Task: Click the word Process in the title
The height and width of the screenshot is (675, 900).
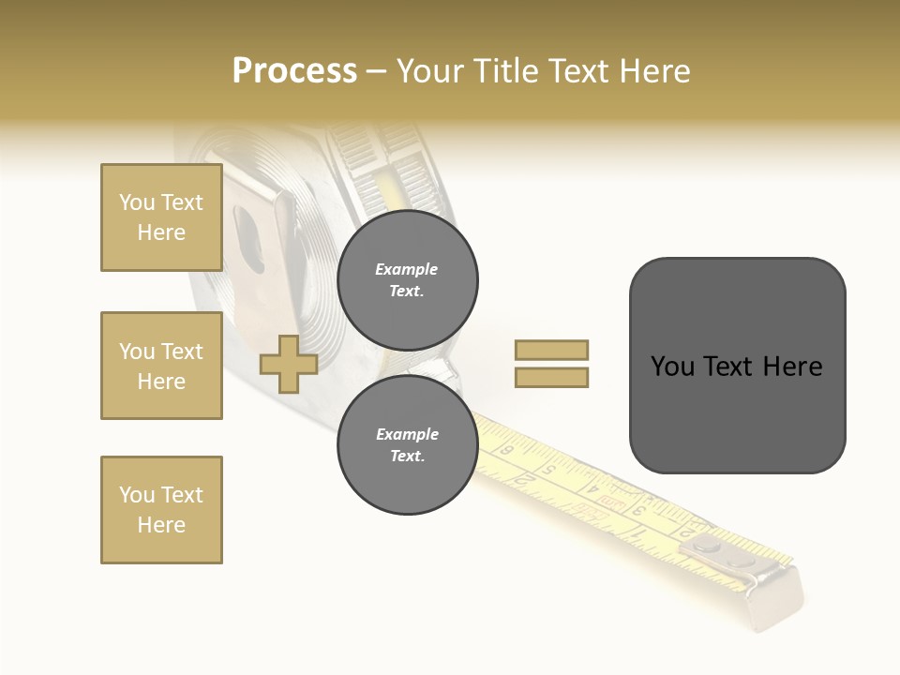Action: coord(294,71)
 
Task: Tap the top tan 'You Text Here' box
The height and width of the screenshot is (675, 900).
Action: coord(161,217)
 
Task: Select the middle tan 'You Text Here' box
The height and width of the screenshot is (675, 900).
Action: coord(161,366)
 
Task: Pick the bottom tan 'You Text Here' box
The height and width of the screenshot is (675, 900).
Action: coord(161,510)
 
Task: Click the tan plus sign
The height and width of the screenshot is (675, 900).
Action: coord(289,364)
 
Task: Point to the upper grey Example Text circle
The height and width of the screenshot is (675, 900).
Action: coord(408,280)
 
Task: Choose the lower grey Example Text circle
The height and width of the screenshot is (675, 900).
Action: coord(408,445)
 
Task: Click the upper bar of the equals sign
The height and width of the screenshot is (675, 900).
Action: coord(551,350)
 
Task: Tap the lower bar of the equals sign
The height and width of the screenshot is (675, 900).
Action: coord(551,377)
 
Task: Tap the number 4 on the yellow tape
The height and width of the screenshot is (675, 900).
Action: coord(593,487)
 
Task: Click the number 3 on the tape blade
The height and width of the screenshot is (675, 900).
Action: coord(638,511)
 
